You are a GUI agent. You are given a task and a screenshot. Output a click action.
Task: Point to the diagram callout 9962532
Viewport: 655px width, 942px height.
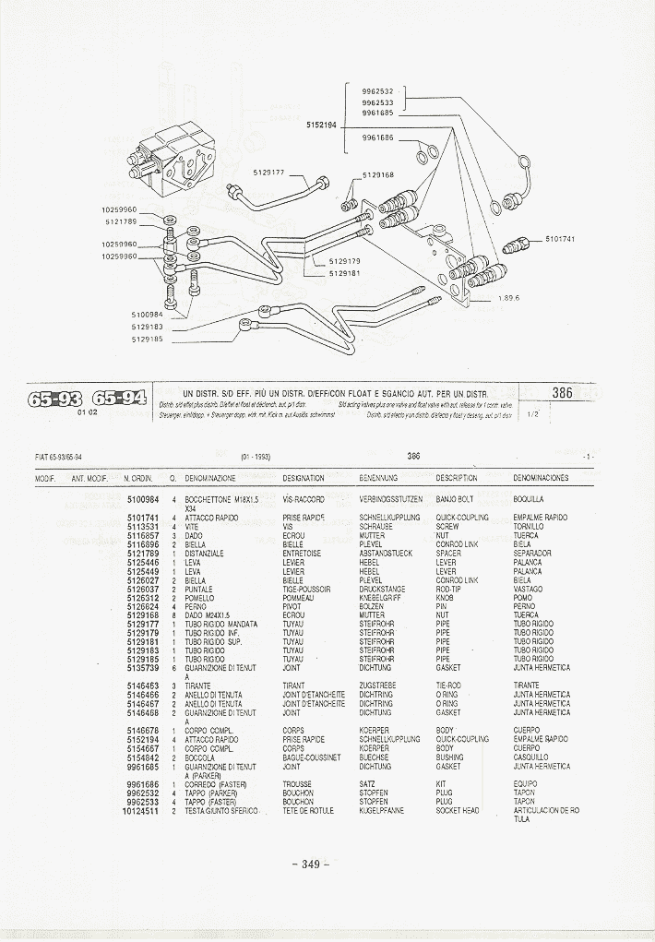click(377, 91)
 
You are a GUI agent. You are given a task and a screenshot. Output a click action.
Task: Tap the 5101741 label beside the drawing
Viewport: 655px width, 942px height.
click(560, 239)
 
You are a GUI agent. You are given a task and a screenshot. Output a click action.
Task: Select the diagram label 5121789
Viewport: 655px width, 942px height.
click(121, 221)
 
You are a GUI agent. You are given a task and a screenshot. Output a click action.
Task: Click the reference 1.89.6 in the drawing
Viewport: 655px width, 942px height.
click(509, 298)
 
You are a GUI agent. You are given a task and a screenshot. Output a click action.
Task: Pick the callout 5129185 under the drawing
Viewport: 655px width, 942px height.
click(147, 339)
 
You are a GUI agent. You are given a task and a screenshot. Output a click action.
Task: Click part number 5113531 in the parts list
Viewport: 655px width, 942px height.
click(142, 526)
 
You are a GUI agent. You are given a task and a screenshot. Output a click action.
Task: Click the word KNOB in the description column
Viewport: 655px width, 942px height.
click(444, 597)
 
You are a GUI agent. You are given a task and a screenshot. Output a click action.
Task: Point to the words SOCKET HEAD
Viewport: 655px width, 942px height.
click(458, 811)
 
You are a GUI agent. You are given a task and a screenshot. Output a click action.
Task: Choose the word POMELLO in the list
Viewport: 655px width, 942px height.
click(199, 597)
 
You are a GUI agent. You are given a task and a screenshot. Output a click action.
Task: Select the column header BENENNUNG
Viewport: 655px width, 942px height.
click(378, 478)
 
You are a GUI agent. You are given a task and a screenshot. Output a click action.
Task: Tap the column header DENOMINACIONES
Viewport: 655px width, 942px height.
click(541, 478)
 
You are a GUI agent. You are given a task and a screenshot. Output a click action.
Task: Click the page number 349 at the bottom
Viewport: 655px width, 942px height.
click(310, 864)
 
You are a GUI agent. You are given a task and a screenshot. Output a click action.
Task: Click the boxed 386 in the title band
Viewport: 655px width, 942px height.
click(562, 392)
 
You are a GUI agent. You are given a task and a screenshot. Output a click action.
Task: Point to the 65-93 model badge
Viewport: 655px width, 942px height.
click(55, 399)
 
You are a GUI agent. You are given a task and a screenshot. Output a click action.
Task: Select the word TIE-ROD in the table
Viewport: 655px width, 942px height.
click(447, 686)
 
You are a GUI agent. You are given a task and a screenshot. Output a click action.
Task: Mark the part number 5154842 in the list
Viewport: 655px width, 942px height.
click(142, 757)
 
